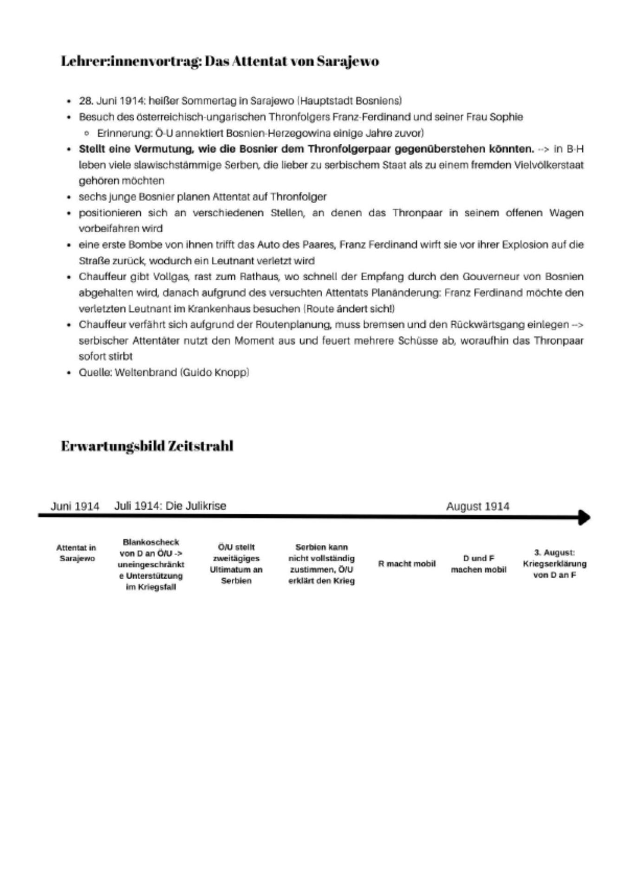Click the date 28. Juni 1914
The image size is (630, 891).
(x=111, y=101)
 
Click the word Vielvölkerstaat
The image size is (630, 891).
(x=549, y=165)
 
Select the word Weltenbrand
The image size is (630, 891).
(x=146, y=372)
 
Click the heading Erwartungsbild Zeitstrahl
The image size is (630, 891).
(x=147, y=446)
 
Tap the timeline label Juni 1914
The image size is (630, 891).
(x=75, y=506)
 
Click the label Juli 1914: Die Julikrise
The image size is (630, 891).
(x=170, y=505)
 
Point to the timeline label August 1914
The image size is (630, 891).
(x=477, y=506)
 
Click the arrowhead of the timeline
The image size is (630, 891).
(x=585, y=517)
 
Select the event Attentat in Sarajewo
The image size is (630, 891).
(x=77, y=553)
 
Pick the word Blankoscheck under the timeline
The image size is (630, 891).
(x=151, y=542)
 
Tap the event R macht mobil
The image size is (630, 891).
(x=407, y=564)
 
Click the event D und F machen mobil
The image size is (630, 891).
(x=478, y=564)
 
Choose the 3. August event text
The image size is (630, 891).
(x=554, y=564)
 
